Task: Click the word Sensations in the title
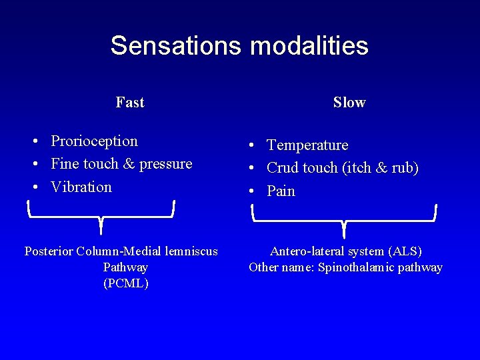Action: (176, 45)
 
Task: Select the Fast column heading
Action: (129, 102)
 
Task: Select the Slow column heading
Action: (349, 102)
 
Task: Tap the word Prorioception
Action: (94, 141)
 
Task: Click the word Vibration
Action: (81, 187)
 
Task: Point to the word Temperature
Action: (307, 145)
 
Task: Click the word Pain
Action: (281, 191)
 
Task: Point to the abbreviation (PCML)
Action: (126, 283)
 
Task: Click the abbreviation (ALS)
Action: (405, 251)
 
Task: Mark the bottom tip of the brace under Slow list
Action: (344, 236)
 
